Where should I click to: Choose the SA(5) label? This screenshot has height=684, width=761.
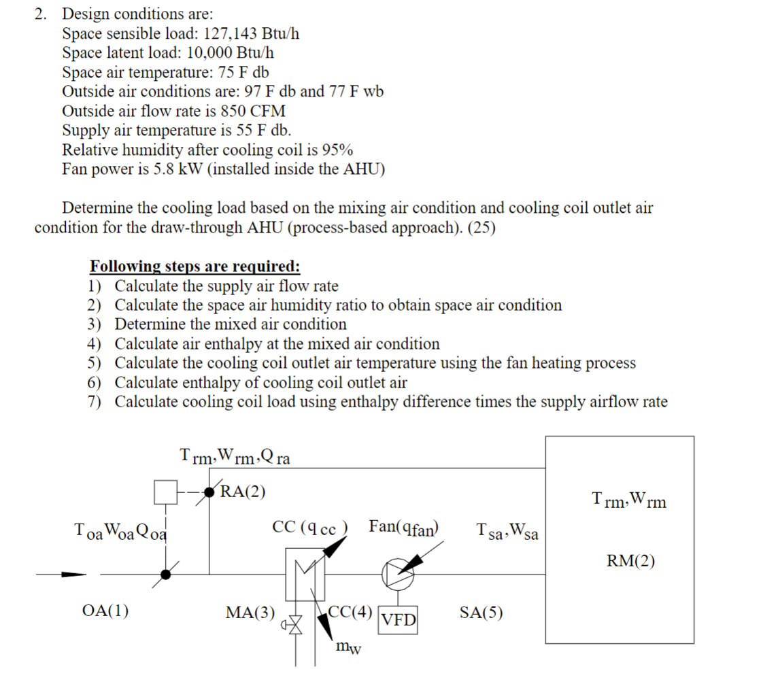click(x=481, y=613)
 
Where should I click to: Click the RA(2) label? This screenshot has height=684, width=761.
click(x=243, y=492)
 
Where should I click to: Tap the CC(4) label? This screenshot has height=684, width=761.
click(x=350, y=611)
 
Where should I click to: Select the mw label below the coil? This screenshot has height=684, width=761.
click(x=349, y=647)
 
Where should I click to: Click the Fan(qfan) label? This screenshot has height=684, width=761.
click(x=404, y=526)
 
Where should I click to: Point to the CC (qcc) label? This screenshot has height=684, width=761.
click(x=310, y=527)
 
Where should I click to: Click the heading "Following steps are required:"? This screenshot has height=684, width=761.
click(x=195, y=266)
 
